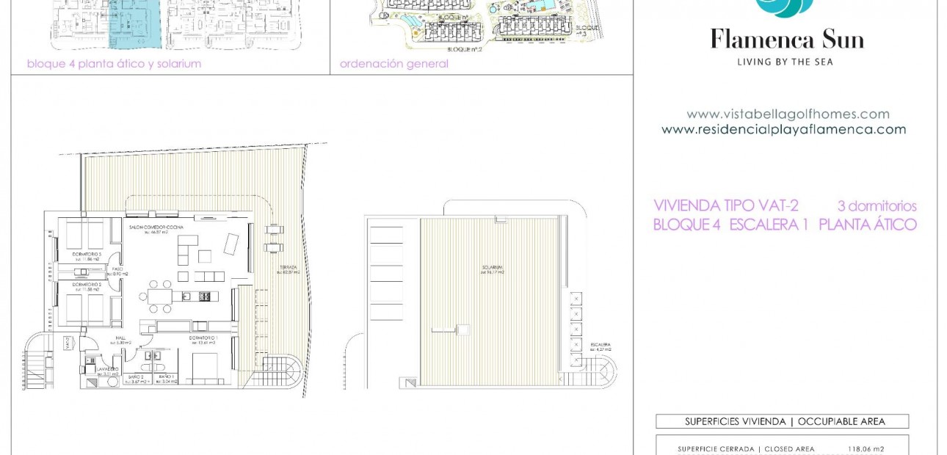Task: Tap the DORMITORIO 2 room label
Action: coord(86,284)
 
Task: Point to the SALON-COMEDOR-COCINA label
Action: coord(156,228)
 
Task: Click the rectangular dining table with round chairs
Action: coord(161,296)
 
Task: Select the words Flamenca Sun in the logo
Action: coord(786,39)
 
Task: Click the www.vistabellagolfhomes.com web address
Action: coord(788,114)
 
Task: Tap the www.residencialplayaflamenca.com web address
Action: coord(783,130)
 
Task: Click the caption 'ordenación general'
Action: coord(393,64)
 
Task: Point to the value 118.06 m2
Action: coord(866,449)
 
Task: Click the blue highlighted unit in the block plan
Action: coord(134,26)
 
